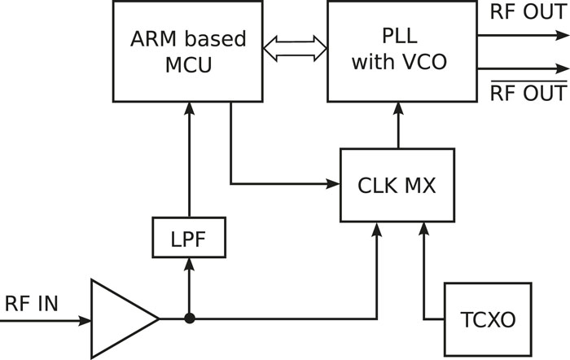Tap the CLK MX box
pos(397,186)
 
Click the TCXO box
pos(487,318)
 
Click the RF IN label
pos(32,305)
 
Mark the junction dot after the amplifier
pos(189,318)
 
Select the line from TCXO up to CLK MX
pos(424,273)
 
